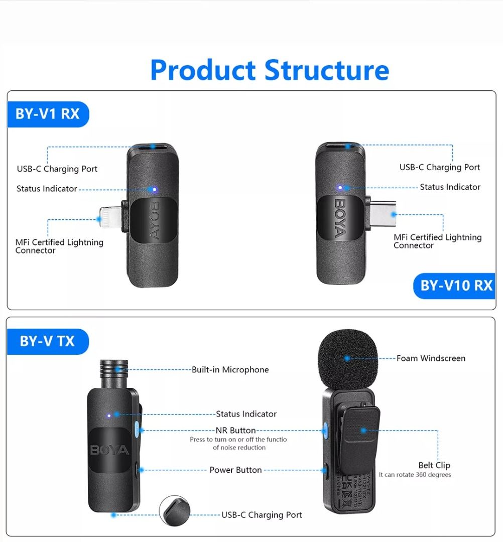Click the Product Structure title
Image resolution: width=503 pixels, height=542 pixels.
click(270, 70)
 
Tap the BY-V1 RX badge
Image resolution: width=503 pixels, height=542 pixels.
click(48, 114)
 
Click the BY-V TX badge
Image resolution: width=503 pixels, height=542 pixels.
click(47, 341)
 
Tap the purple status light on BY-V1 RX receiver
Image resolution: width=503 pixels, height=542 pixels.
click(154, 190)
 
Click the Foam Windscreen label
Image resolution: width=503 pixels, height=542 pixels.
click(431, 358)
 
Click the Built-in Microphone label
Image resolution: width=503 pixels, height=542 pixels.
click(230, 370)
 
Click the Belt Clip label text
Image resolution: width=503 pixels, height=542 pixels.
click(434, 465)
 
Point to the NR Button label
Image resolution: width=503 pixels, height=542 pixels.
click(235, 431)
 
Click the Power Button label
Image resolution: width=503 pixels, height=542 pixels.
click(235, 470)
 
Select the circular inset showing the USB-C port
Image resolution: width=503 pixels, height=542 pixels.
click(175, 511)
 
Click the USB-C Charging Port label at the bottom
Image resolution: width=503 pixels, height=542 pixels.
click(262, 515)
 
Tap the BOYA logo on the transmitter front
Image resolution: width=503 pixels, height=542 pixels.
click(110, 450)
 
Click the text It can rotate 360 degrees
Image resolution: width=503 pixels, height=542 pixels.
click(415, 475)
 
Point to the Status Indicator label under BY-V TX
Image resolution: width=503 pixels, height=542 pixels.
click(246, 414)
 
